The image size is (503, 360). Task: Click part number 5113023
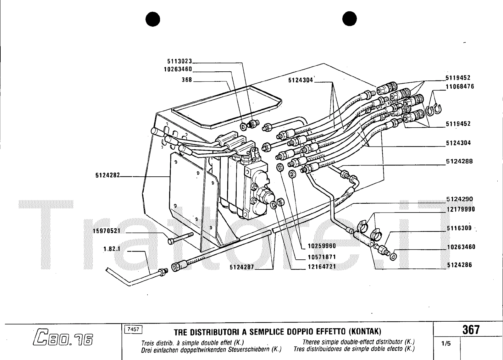(180, 61)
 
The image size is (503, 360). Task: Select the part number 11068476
(460, 86)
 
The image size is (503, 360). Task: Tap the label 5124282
(108, 175)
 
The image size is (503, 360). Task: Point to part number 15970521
(107, 231)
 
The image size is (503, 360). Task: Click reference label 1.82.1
(112, 249)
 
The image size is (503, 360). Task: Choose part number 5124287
(242, 267)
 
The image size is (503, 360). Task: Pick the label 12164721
(322, 267)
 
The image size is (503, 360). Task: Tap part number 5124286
(459, 265)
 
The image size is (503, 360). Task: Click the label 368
(187, 80)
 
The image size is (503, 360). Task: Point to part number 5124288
(459, 161)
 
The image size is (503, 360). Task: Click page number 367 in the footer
(471, 330)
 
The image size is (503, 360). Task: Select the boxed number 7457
(133, 330)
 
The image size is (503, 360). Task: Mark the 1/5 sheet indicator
(446, 344)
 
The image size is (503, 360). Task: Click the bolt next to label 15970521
(180, 238)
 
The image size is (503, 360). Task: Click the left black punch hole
(153, 19)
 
